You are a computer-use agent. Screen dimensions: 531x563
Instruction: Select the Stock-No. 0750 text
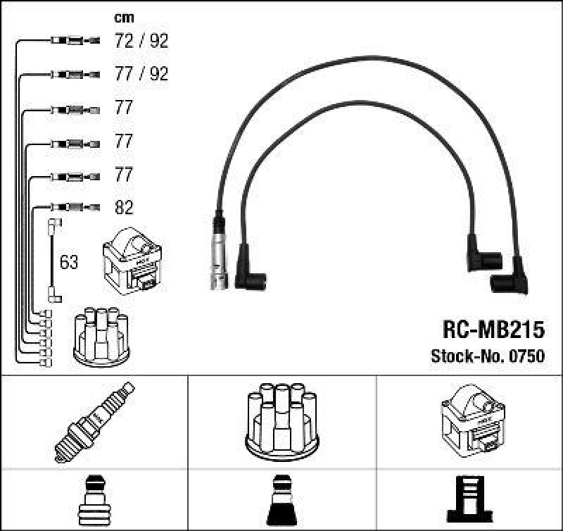pos(487,356)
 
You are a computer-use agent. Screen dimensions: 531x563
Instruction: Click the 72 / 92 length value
pos(141,41)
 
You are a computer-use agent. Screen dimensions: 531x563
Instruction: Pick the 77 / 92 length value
pos(141,74)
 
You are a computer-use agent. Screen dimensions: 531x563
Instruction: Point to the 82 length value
pos(124,207)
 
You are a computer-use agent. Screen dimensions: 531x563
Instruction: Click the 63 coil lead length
pos(69,263)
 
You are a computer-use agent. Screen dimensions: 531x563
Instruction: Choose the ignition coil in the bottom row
pos(471,420)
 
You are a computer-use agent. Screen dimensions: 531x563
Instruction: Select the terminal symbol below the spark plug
pos(94,501)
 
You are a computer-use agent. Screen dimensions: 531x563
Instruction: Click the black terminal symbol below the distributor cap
pos(282,501)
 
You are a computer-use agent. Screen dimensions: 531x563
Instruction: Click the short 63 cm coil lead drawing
pos(53,261)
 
